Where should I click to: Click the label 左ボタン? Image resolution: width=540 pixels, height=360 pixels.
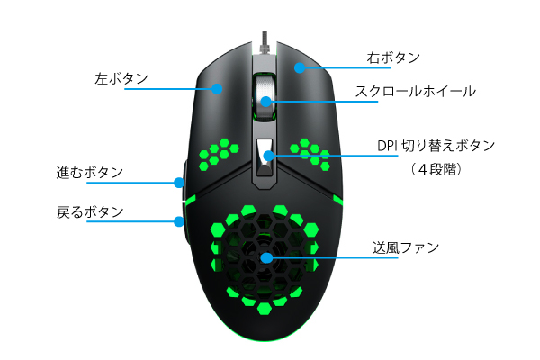tap(121, 78)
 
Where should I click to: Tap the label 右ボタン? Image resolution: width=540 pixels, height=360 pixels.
tap(393, 58)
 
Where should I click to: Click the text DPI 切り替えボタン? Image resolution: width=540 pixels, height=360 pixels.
tap(436, 146)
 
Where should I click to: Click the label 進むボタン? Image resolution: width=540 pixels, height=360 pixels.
tap(90, 172)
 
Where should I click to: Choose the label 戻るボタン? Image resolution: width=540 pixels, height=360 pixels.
tap(90, 212)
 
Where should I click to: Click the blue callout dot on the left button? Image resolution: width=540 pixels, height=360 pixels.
tap(218, 88)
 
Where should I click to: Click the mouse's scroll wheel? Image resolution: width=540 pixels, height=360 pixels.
tap(265, 94)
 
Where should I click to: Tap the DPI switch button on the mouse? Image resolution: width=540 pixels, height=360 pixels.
tap(266, 155)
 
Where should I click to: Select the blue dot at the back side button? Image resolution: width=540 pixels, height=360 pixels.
tap(179, 221)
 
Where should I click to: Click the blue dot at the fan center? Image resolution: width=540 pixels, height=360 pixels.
tap(266, 257)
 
